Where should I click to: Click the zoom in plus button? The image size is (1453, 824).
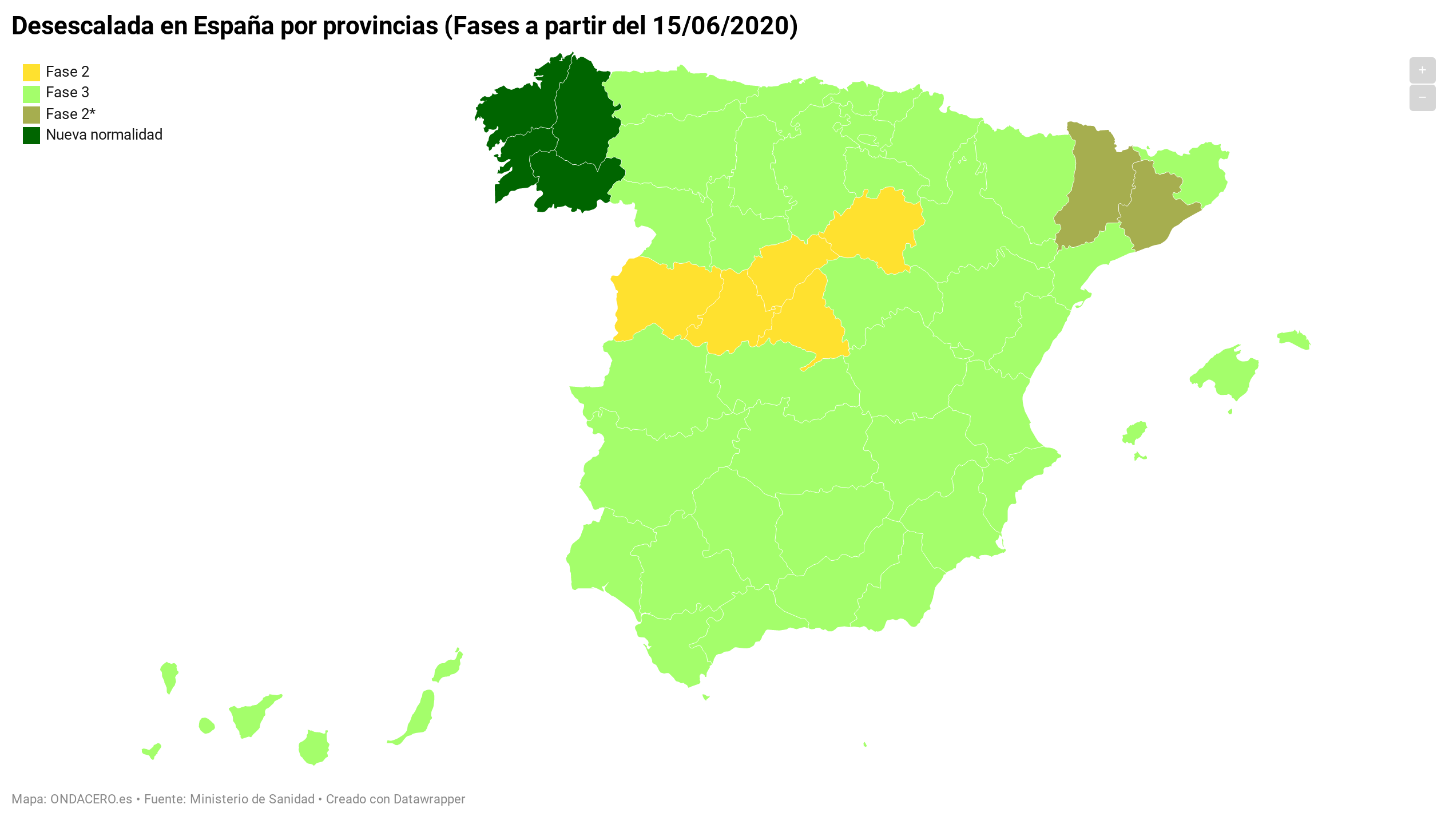point(1422,70)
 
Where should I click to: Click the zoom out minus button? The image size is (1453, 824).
point(1422,98)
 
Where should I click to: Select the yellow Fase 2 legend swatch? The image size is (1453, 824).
point(31,72)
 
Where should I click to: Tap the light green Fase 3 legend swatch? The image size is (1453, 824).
point(31,93)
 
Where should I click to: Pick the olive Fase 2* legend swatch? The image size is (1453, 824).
point(31,114)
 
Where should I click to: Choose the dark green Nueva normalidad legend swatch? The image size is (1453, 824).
point(31,136)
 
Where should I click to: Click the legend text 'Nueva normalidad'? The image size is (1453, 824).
point(104,135)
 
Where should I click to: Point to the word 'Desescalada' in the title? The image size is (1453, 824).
point(83,26)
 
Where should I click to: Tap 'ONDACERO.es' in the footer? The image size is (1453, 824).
point(91,799)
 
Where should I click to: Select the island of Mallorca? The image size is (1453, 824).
point(1227,372)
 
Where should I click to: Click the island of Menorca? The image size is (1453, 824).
point(1294,339)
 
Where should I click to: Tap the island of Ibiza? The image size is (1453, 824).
point(1134,432)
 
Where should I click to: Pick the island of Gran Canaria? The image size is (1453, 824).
point(314,747)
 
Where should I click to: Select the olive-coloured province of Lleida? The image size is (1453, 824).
point(1093,189)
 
